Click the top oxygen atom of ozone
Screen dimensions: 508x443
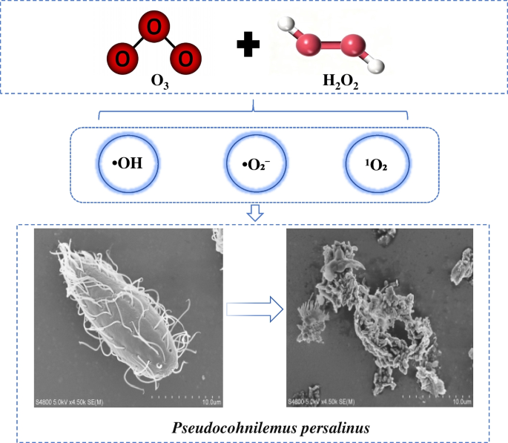click(154, 28)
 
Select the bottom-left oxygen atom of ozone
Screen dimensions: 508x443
click(121, 57)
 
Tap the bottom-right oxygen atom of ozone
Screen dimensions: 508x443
click(185, 57)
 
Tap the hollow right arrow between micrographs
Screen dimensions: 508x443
click(254, 308)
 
